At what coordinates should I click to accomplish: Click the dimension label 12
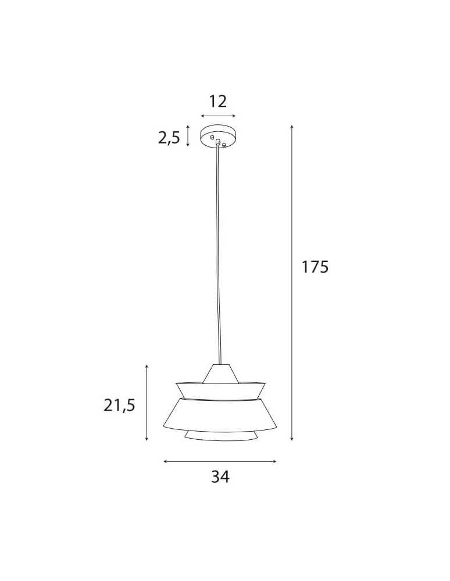217,102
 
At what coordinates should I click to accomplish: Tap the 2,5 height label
169,138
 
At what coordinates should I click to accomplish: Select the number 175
315,267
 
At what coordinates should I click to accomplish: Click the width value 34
220,476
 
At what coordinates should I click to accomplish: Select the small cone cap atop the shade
220,373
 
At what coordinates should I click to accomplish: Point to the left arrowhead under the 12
202,116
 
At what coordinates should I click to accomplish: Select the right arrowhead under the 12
234,116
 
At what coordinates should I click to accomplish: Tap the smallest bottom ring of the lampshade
220,436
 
